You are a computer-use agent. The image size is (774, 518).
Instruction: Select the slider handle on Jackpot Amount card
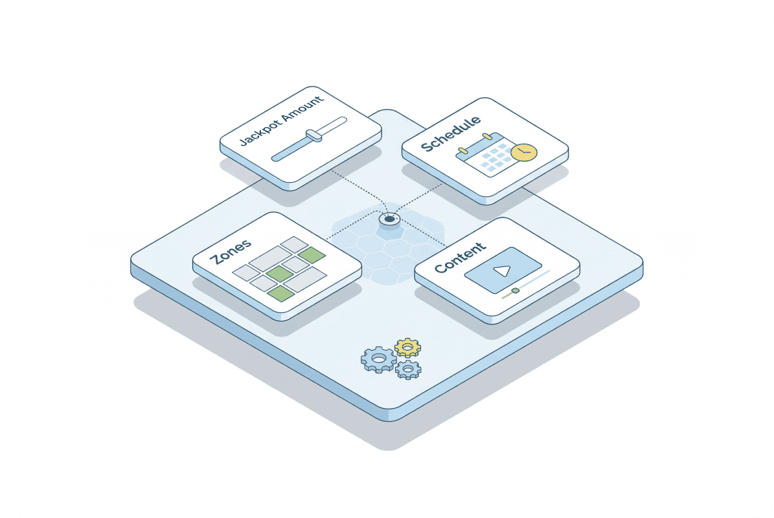(314, 136)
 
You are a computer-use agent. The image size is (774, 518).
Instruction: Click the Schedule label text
(450, 134)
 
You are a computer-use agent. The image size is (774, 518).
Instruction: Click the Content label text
(460, 258)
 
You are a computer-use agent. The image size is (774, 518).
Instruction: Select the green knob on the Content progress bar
(515, 291)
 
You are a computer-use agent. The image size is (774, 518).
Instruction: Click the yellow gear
(407, 347)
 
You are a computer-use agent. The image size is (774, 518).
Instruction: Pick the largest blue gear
(378, 359)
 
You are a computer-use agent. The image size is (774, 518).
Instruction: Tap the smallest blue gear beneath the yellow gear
(408, 369)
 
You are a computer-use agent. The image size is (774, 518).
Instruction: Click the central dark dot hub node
(389, 219)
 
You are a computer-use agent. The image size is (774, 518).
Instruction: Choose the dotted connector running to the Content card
(425, 233)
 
